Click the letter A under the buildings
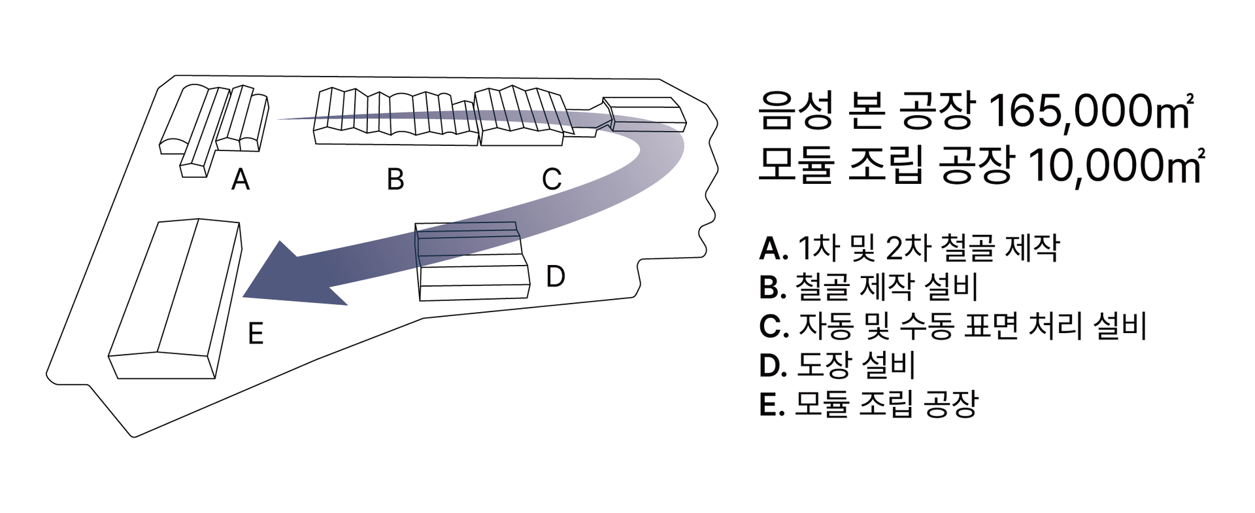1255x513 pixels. [241, 179]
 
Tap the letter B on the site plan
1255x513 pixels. [395, 179]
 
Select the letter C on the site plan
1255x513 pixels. [552, 179]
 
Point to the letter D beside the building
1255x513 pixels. [555, 277]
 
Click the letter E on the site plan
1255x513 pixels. [256, 334]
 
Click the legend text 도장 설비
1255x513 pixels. [856, 365]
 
